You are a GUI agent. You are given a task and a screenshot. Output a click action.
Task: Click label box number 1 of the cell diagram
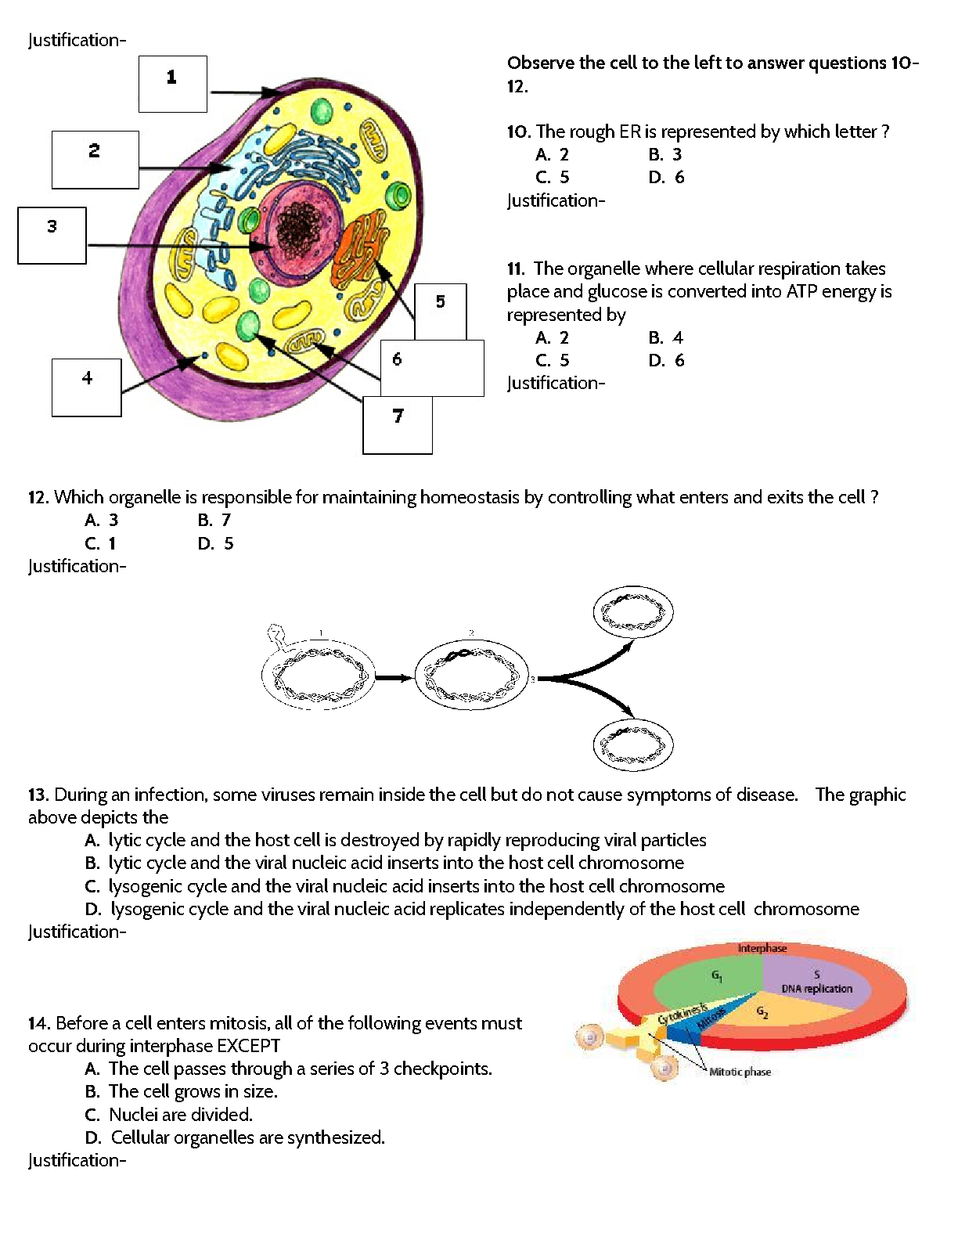(172, 84)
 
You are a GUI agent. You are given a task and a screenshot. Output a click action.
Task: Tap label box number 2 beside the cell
(95, 160)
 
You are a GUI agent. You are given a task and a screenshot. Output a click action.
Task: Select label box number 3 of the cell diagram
(52, 235)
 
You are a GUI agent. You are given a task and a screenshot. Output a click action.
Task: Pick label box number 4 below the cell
(86, 387)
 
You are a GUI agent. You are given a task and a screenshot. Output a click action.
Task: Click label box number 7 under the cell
(398, 425)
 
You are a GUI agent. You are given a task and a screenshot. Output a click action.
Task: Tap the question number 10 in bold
(518, 132)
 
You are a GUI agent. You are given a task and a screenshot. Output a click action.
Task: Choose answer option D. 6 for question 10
(666, 177)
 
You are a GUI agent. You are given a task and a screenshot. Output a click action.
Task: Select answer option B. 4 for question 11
(666, 337)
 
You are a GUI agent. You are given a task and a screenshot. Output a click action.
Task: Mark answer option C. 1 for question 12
(101, 543)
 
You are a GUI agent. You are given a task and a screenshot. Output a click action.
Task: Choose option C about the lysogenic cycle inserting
(405, 886)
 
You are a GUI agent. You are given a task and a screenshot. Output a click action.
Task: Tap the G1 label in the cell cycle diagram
(716, 975)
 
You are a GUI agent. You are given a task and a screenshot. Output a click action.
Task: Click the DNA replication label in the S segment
(816, 989)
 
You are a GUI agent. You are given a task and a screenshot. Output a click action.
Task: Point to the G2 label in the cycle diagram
(762, 1012)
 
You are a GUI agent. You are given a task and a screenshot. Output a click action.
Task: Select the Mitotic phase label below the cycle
(740, 1072)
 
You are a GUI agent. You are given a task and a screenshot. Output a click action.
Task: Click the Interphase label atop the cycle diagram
(762, 948)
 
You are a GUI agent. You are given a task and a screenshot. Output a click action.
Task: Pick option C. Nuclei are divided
(168, 1114)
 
